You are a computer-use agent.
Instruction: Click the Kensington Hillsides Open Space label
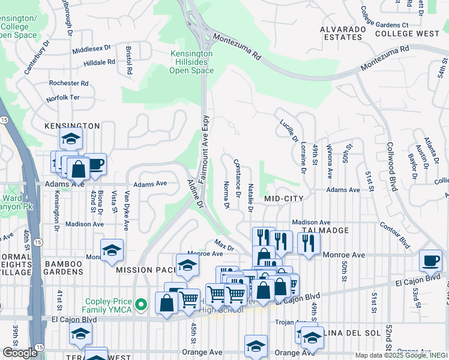(191, 62)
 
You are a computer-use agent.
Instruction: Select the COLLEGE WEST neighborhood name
(408, 34)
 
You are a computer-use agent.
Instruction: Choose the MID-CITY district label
(284, 198)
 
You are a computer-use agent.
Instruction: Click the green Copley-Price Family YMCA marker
(141, 304)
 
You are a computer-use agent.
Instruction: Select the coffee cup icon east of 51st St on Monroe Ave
(430, 260)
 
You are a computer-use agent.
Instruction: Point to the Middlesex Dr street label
(92, 48)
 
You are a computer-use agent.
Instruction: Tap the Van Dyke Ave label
(127, 211)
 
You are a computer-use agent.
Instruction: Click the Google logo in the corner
(19, 353)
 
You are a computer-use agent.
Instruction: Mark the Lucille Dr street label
(289, 130)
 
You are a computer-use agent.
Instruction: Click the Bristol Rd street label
(129, 60)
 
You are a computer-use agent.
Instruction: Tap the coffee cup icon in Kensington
(95, 164)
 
